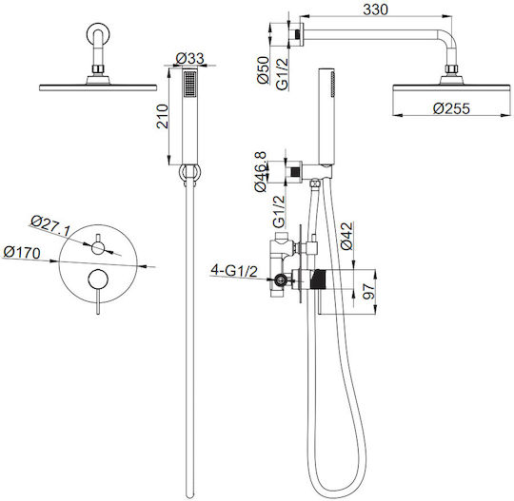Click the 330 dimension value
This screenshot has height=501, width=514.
click(x=375, y=10)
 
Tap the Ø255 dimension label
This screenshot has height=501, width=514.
click(x=451, y=108)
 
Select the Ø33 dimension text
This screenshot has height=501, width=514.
click(x=189, y=59)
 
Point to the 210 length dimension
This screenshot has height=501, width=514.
click(x=162, y=116)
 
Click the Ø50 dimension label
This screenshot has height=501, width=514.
click(x=264, y=70)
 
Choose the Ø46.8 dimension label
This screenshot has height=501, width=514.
click(x=261, y=172)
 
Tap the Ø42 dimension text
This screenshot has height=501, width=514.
click(x=346, y=236)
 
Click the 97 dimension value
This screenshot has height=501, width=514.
click(x=368, y=292)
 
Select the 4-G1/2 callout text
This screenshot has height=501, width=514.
click(x=234, y=271)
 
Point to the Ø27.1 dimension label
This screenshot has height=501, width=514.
click(x=50, y=226)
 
